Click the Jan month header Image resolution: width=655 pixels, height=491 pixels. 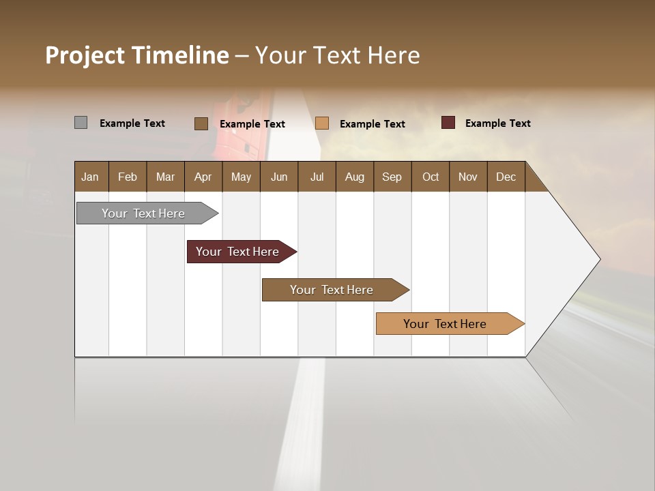coord(90,177)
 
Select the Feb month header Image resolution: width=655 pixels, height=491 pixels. coord(128,177)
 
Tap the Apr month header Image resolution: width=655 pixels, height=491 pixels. coord(203,177)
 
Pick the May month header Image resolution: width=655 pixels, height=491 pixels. coord(241,177)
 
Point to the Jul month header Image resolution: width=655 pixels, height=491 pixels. coord(317,177)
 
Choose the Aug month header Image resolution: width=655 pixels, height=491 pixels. coord(354,177)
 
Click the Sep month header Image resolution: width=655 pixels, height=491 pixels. coord(392,177)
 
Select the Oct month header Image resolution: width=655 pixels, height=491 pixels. coord(431,177)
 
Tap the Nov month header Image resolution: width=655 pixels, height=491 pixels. coord(468,177)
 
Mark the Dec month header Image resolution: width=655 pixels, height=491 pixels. coord(506,177)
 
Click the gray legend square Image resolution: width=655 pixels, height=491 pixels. coord(81,123)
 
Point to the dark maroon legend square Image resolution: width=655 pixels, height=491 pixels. coord(448,123)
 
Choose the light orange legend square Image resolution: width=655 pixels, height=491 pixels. coord(322,123)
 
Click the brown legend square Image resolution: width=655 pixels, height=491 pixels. coord(201,123)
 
